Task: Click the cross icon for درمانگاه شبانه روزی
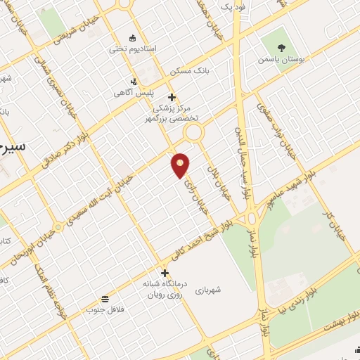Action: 165,273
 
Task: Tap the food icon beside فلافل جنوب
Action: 105,298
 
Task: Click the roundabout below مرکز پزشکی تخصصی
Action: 193,134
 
